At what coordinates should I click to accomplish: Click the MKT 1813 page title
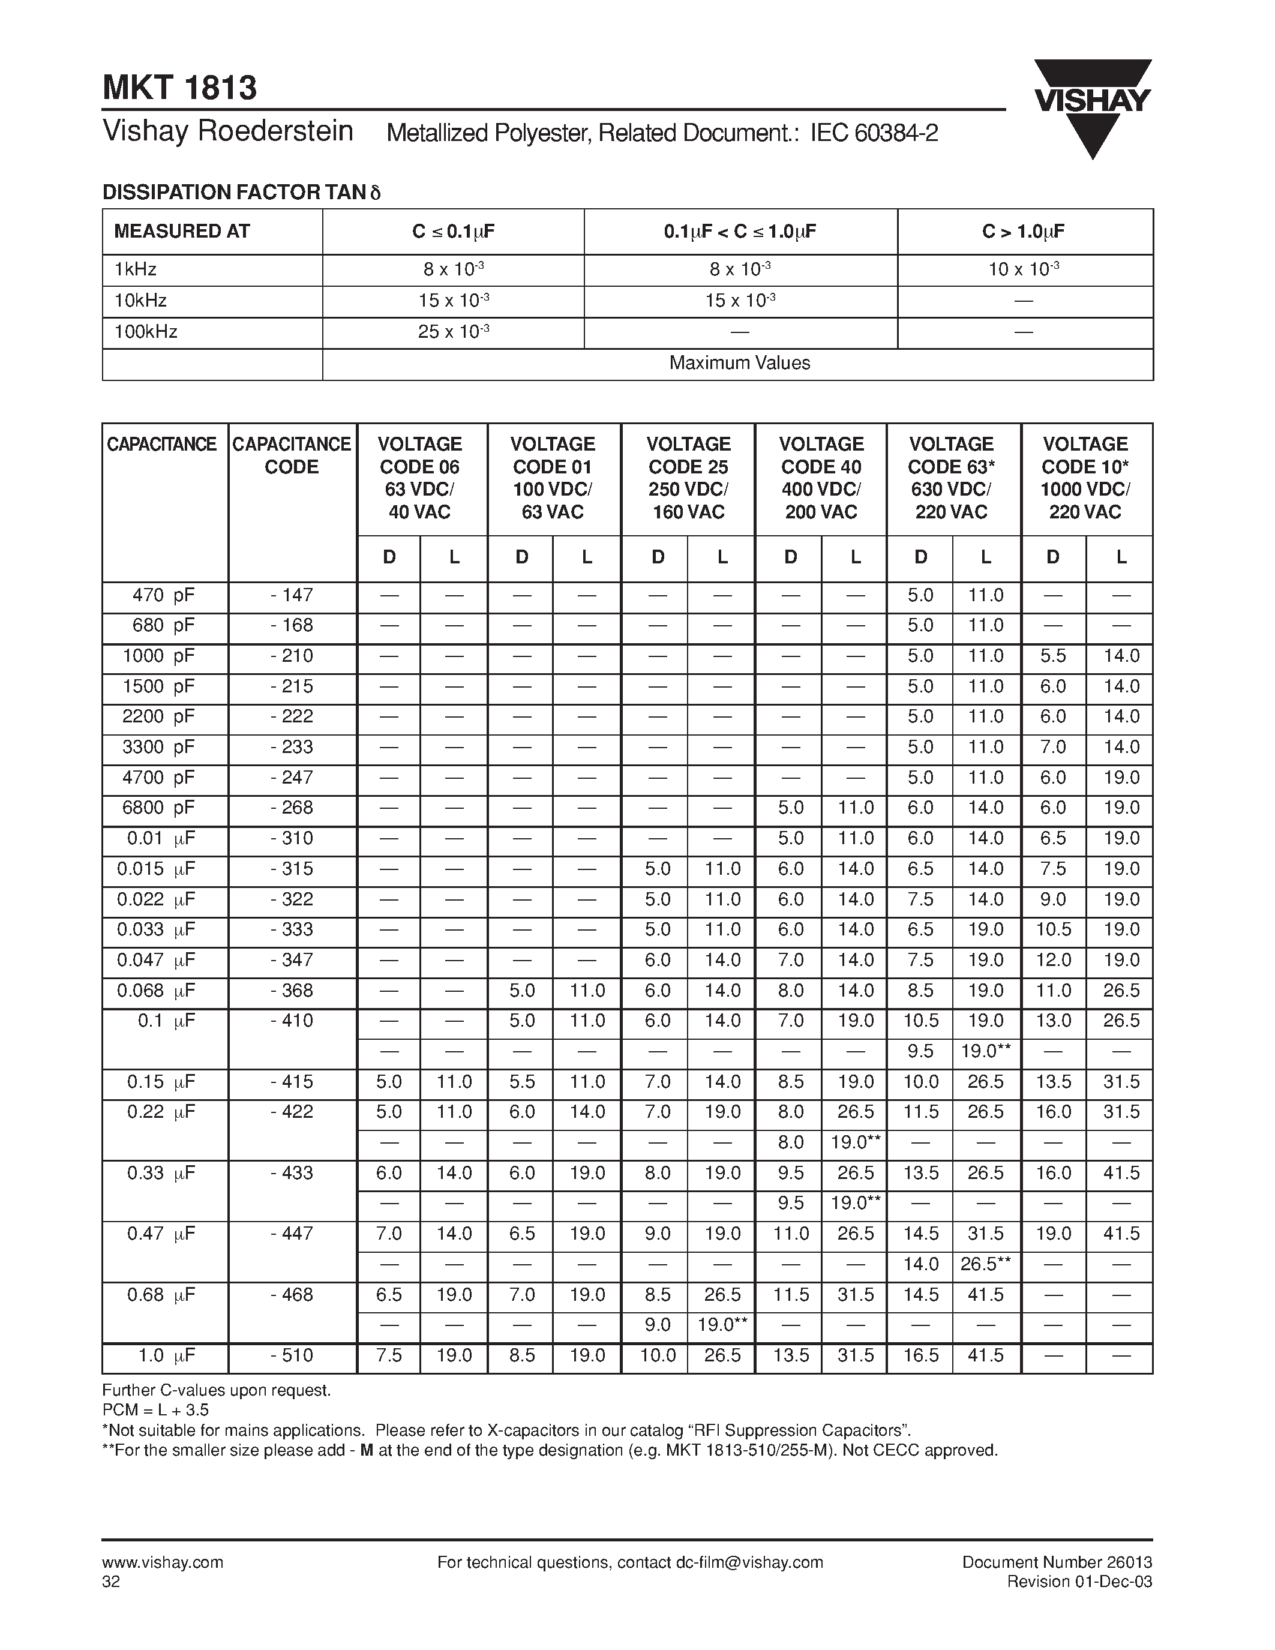(180, 88)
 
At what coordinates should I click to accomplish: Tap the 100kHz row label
(146, 332)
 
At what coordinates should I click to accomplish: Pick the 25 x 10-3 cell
(453, 332)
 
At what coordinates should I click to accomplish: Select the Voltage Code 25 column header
(688, 478)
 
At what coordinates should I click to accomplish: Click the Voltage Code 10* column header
(1085, 478)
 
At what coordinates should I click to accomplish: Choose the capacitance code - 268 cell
(292, 808)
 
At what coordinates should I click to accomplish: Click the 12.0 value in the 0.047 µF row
(1053, 960)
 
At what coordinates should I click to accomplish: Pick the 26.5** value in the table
(985, 1264)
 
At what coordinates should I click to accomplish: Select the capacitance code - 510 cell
(292, 1355)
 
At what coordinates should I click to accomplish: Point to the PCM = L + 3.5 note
(155, 1411)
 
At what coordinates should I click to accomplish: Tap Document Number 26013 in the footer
(1057, 1562)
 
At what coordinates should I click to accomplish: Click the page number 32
(111, 1582)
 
